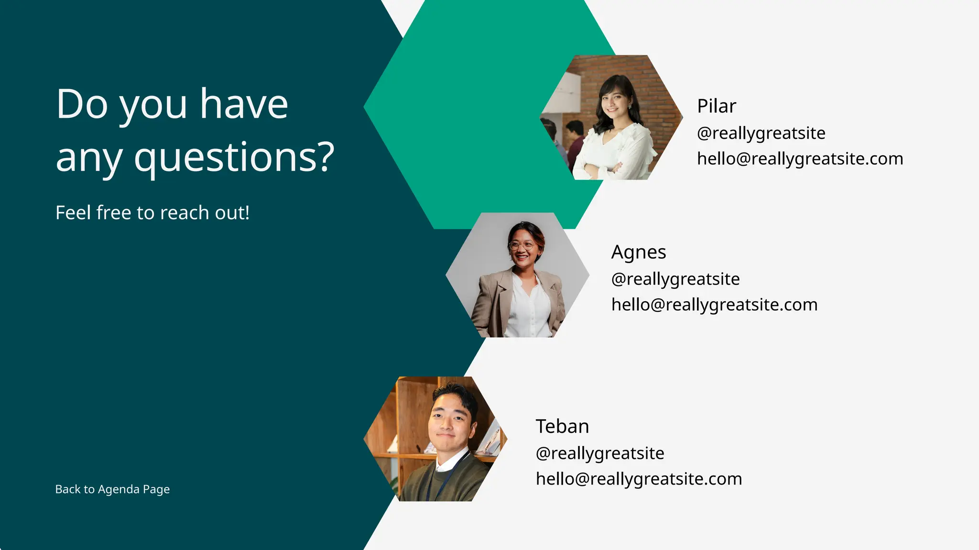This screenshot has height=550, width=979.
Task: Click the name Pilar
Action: click(x=716, y=106)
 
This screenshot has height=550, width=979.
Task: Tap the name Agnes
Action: click(x=638, y=252)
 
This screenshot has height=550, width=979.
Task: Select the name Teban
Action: click(x=562, y=426)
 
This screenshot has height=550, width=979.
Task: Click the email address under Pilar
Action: click(x=800, y=159)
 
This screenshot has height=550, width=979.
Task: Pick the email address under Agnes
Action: click(x=714, y=305)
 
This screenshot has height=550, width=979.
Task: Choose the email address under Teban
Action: click(x=639, y=479)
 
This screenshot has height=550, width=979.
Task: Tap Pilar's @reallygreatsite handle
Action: click(x=761, y=133)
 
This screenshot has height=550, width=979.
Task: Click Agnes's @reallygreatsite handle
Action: click(x=675, y=279)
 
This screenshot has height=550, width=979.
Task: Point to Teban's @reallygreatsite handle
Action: click(x=599, y=453)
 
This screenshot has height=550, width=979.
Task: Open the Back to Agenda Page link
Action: click(x=112, y=489)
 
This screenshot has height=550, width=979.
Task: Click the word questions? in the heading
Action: click(x=234, y=157)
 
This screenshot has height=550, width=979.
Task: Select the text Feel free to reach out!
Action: click(x=152, y=213)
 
